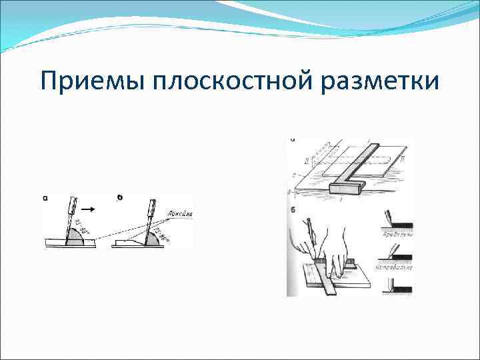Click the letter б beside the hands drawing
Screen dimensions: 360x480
pyautogui.click(x=293, y=212)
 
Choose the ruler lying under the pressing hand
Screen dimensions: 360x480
pyautogui.click(x=333, y=280)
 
